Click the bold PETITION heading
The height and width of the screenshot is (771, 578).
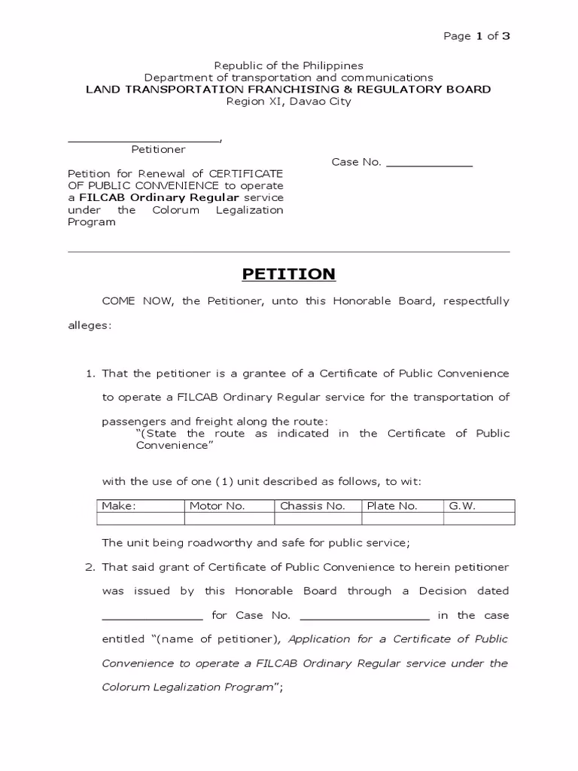click(x=288, y=273)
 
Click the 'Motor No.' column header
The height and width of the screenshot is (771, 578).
click(x=217, y=506)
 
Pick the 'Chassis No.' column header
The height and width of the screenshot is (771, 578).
click(x=312, y=506)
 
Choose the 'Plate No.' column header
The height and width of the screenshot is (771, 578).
click(x=391, y=506)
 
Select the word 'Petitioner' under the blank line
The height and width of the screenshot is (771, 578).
click(x=158, y=150)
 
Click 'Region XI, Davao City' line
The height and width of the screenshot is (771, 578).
click(x=288, y=101)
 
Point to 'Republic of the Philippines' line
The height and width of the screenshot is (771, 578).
click(x=288, y=66)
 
